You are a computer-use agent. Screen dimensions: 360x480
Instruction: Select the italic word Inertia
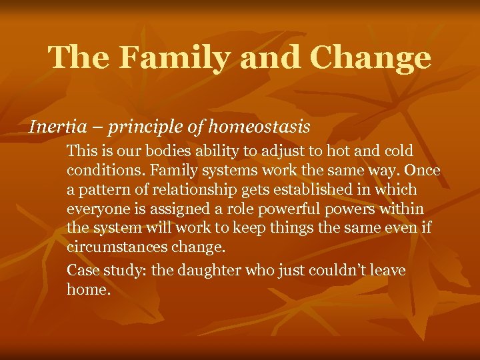[x=53, y=125]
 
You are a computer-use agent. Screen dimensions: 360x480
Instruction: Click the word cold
[x=395, y=151]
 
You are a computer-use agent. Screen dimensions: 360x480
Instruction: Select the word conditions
[x=97, y=171]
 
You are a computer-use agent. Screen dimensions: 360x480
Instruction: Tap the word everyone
[x=94, y=209]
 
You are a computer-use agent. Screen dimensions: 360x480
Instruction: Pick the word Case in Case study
[x=81, y=270]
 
